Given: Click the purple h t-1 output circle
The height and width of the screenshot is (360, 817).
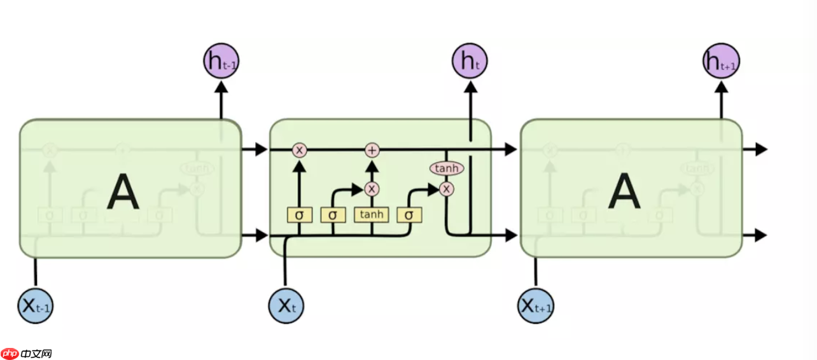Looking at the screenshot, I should click(x=221, y=61).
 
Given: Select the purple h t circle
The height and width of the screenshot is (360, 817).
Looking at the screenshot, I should click(x=470, y=61).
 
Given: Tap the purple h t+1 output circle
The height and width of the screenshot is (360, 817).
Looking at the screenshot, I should click(x=721, y=61).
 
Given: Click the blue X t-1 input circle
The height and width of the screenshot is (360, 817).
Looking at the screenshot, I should click(x=36, y=306).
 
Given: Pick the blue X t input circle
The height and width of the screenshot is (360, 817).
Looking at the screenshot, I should click(x=286, y=306).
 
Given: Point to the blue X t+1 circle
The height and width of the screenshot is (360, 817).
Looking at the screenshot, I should click(x=536, y=306).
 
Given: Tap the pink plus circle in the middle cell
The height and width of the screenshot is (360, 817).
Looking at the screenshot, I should click(x=372, y=150).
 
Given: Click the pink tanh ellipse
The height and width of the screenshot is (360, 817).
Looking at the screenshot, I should click(x=447, y=169).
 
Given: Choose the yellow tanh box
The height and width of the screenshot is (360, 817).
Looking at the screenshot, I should click(x=372, y=214).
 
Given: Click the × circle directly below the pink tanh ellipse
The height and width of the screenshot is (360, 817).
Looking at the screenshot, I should click(x=447, y=188).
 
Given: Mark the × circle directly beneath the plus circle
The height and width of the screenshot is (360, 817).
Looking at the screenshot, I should click(x=372, y=188).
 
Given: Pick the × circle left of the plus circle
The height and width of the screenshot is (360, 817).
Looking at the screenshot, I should click(x=299, y=150).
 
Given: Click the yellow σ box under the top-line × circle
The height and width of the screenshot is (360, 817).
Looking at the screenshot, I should click(x=299, y=215).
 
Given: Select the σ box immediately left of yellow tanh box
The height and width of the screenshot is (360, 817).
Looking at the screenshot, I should click(x=333, y=215).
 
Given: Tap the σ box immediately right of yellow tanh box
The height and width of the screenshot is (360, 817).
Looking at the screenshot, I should click(x=409, y=215).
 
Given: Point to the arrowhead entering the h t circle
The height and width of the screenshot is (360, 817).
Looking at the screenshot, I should click(x=470, y=87).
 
